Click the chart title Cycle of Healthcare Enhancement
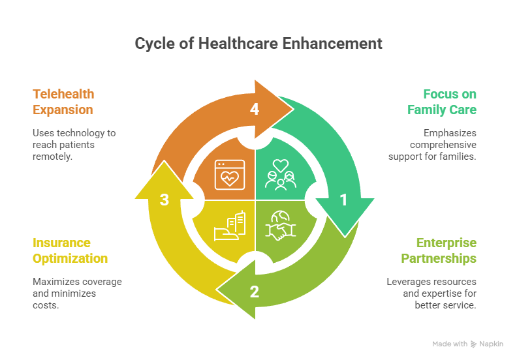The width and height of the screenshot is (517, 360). pyautogui.click(x=258, y=44)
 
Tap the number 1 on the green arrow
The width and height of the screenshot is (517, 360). pyautogui.click(x=343, y=201)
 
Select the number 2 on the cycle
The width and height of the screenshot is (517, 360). pyautogui.click(x=255, y=292)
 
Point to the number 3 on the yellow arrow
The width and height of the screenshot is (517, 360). pyautogui.click(x=165, y=200)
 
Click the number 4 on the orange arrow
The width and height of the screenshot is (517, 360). pyautogui.click(x=255, y=110)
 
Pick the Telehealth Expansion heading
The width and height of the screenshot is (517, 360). pyautogui.click(x=63, y=102)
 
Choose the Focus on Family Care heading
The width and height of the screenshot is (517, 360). pyautogui.click(x=442, y=102)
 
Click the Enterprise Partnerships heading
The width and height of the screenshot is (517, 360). pyautogui.click(x=446, y=250)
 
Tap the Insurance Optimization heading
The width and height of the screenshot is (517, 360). pyautogui.click(x=70, y=250)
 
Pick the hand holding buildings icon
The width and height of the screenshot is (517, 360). pyautogui.click(x=229, y=225)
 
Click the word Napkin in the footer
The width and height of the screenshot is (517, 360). pyautogui.click(x=493, y=344)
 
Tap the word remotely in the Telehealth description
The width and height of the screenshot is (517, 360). pyautogui.click(x=52, y=157)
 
